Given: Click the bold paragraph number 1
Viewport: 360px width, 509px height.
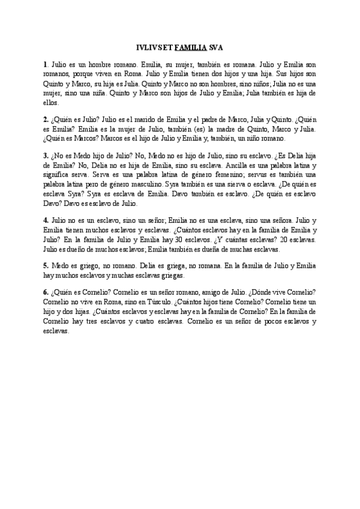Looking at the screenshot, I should (46, 64).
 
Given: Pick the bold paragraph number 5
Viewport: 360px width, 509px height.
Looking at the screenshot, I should (46, 265).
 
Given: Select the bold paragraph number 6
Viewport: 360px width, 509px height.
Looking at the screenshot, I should (46, 293).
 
